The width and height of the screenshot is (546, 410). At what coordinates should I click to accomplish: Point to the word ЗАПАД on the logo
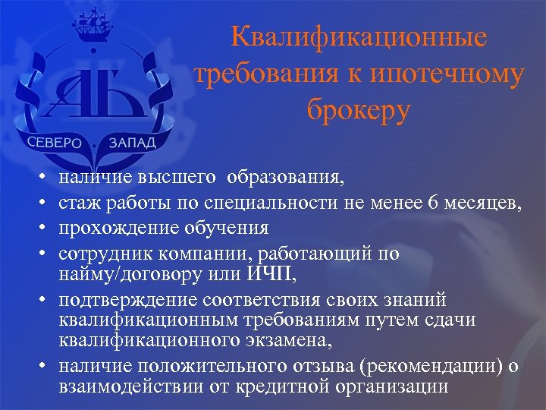tap(130, 143)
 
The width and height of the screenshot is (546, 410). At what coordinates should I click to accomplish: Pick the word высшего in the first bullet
tap(177, 179)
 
